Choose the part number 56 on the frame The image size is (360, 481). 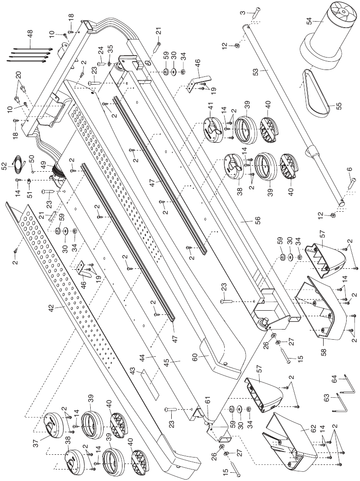point(244,219)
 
